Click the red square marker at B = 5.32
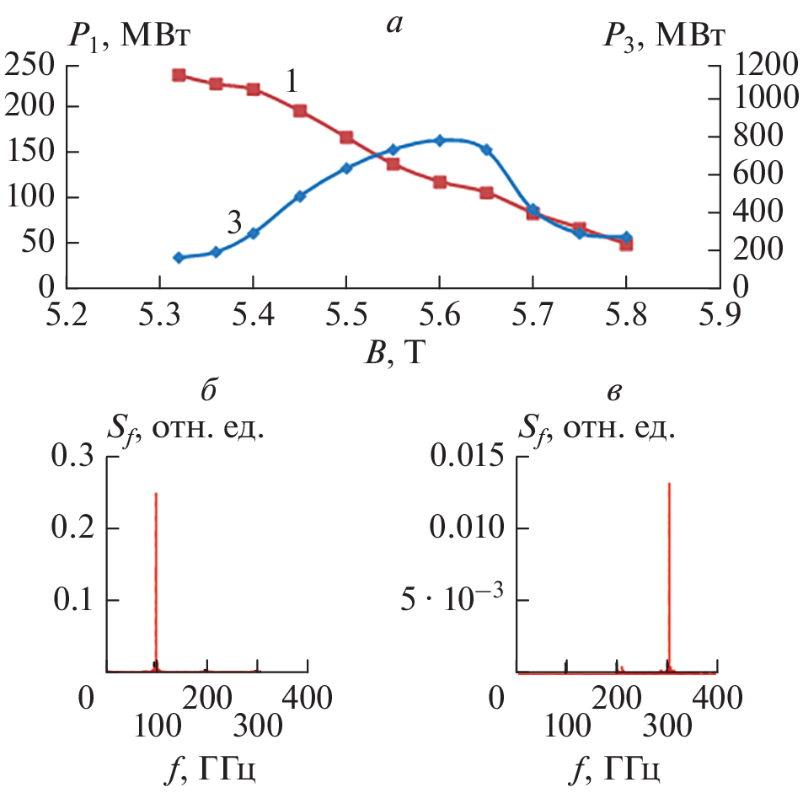(179, 75)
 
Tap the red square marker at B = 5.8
(626, 244)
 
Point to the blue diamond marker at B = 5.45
(300, 196)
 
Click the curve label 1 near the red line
(291, 81)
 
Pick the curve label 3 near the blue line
(234, 222)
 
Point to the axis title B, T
(389, 355)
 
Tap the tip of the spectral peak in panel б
(156, 494)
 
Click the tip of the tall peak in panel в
(669, 484)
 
